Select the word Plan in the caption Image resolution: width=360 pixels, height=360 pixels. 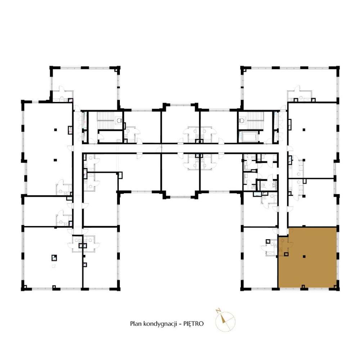point(135,324)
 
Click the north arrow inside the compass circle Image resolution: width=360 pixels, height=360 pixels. point(224,318)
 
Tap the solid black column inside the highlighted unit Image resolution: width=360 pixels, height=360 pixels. point(305,256)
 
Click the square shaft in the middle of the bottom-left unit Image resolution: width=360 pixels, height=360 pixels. point(54,257)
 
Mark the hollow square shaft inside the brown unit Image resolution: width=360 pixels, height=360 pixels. point(286,255)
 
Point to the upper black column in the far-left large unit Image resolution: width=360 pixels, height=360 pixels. point(55,129)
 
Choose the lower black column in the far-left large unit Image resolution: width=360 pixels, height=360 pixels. point(55,159)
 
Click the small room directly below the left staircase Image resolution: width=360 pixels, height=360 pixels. point(110,136)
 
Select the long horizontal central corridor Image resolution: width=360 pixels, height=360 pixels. point(180,148)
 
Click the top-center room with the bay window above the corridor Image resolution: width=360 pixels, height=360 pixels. point(180,124)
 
